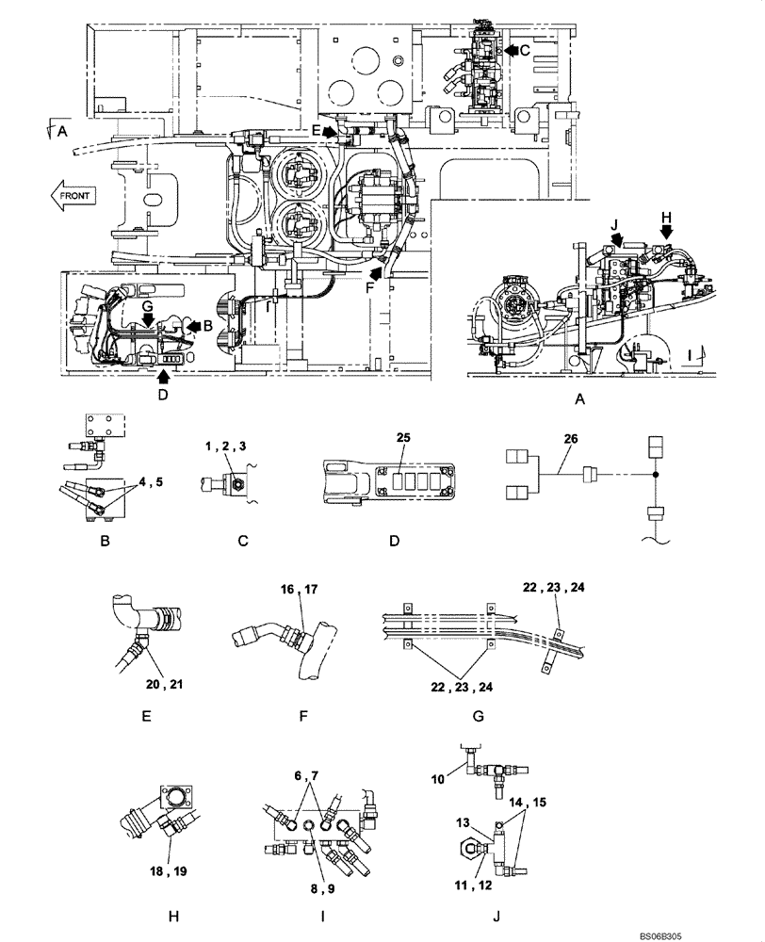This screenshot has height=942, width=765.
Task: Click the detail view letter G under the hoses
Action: click(478, 715)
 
